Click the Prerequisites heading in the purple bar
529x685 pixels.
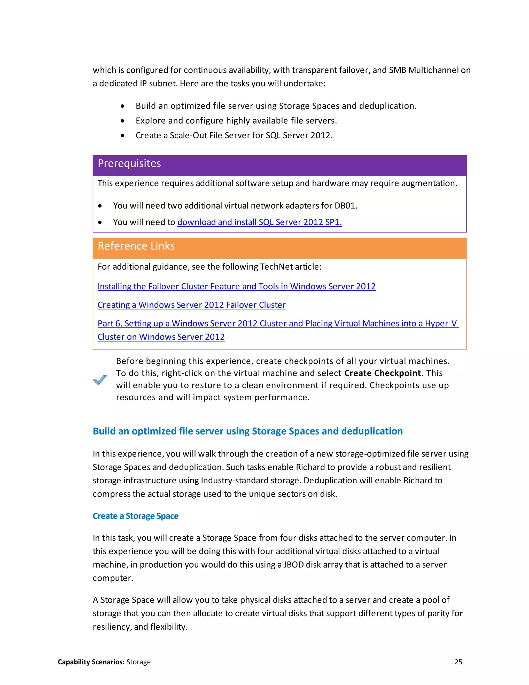(x=129, y=164)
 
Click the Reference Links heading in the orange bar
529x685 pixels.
(x=136, y=246)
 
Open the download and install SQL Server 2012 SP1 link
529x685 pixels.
(x=260, y=222)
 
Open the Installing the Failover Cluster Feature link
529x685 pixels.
(x=236, y=287)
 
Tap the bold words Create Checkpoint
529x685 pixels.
(x=382, y=373)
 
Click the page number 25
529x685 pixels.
(x=458, y=662)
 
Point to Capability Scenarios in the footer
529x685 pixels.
(x=91, y=662)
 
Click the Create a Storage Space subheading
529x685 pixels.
(x=135, y=516)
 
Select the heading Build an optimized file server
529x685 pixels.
(x=247, y=431)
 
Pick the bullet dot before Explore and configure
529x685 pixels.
(x=122, y=121)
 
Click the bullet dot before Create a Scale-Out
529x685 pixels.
(x=122, y=136)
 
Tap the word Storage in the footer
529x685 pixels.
(x=138, y=662)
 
